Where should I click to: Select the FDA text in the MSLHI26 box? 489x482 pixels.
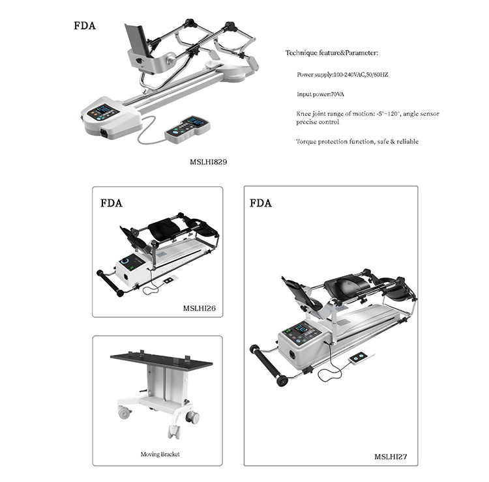coord(111,203)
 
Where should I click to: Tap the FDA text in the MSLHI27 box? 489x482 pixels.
coord(261,203)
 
